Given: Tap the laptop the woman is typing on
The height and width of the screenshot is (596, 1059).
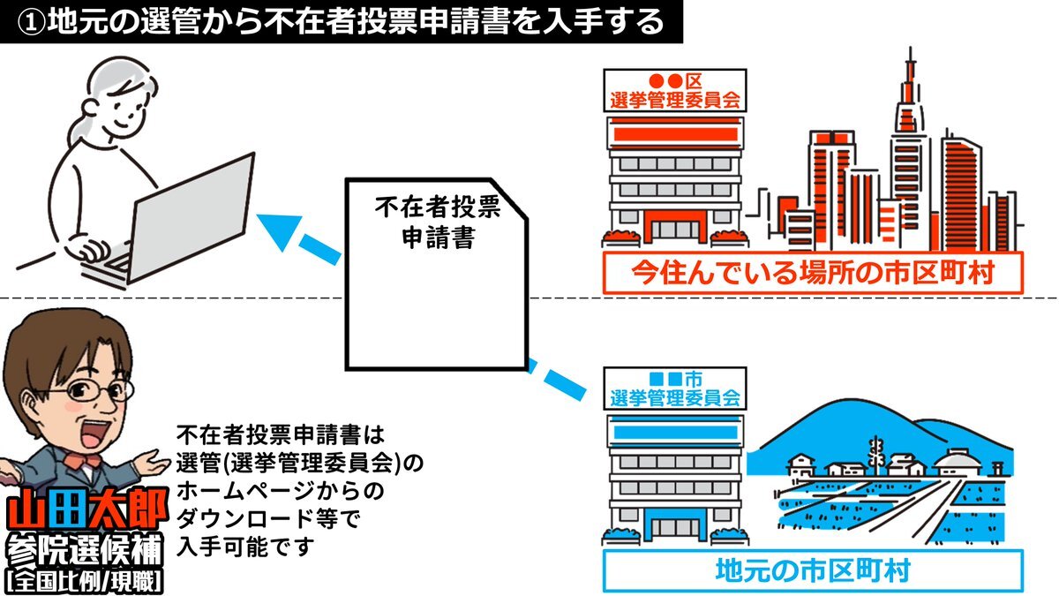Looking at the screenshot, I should click(x=190, y=221).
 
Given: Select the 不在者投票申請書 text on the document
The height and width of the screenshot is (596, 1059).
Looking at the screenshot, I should click(x=437, y=223).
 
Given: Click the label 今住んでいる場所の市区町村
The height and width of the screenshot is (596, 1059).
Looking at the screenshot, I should click(x=812, y=273).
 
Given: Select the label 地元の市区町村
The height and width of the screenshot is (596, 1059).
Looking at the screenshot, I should click(x=812, y=570).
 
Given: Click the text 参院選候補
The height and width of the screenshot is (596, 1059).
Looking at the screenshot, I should click(x=84, y=552).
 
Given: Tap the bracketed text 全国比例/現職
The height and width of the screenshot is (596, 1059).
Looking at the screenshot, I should click(x=84, y=582).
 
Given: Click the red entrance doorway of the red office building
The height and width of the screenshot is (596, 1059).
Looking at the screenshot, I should click(x=672, y=226).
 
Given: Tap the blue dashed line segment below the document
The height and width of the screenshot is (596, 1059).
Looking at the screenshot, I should click(x=560, y=378).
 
